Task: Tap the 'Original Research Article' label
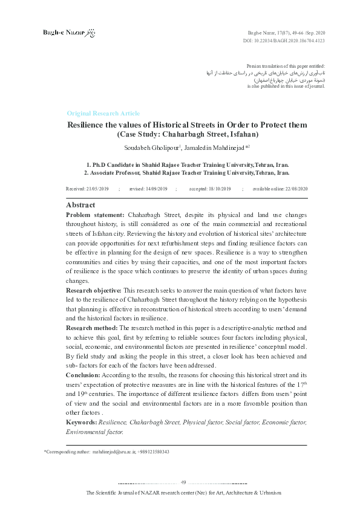pos(103,113)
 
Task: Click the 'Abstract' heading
pos(80,205)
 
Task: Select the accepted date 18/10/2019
pos(218,189)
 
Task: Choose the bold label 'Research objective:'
pos(93,291)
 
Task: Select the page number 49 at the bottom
pos(184,481)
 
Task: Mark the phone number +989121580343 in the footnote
pos(154,452)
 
